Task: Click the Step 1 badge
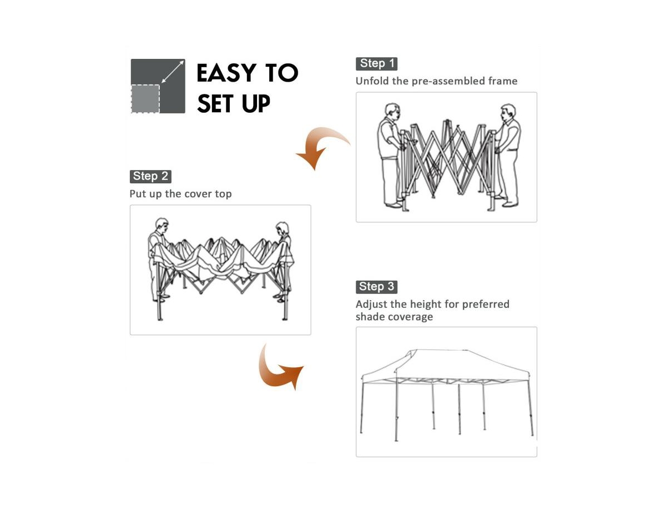376,64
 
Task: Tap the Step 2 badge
150,177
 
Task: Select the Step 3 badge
376,287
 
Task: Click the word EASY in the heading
226,73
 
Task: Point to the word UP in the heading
256,103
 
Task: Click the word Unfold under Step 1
372,81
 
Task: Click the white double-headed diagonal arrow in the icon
173,72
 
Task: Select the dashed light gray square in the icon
145,99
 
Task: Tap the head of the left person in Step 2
162,226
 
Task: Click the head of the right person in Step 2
282,229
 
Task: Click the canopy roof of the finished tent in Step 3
446,365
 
